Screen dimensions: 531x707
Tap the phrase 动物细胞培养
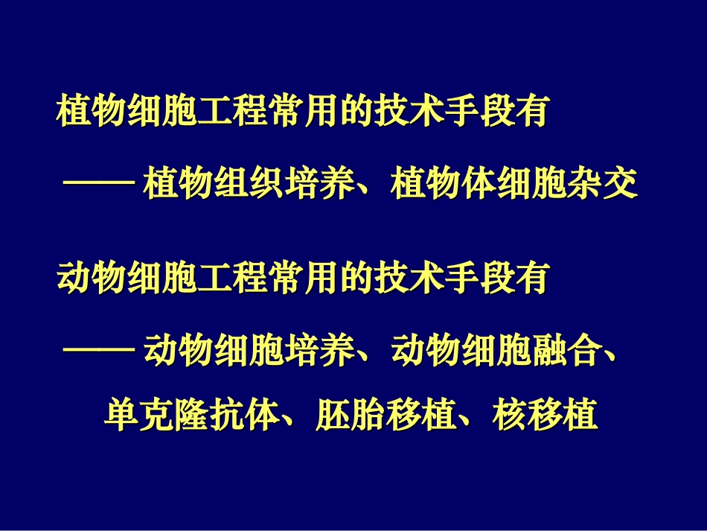tap(248, 352)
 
